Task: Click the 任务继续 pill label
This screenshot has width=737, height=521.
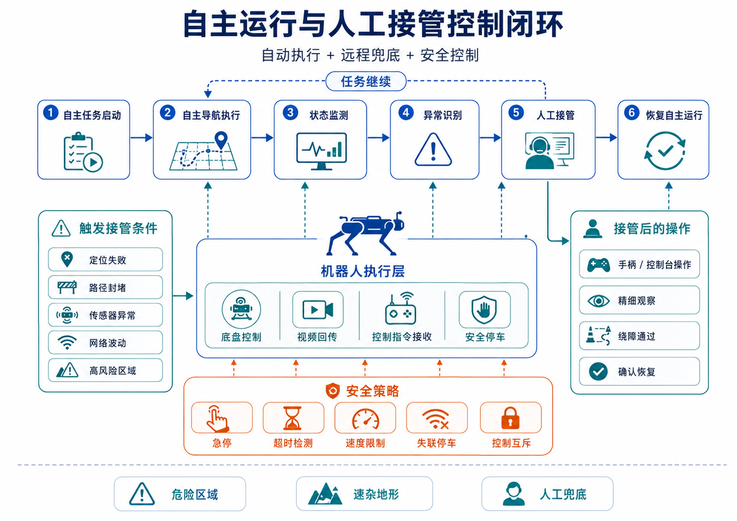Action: pyautogui.click(x=366, y=81)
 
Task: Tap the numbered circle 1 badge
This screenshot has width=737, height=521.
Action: pyautogui.click(x=51, y=113)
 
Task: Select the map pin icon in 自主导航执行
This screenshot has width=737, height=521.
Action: pyautogui.click(x=221, y=140)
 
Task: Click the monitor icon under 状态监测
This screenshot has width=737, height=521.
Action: pyautogui.click(x=321, y=151)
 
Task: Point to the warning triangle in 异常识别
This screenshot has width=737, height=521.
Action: pyautogui.click(x=433, y=150)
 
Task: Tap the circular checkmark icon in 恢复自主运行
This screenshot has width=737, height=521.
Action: pyautogui.click(x=665, y=151)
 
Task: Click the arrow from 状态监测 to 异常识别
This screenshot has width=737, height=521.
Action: pyautogui.click(x=378, y=137)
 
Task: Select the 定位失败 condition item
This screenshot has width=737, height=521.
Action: pyautogui.click(x=105, y=259)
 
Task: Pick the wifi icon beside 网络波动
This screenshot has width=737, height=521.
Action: pyautogui.click(x=67, y=343)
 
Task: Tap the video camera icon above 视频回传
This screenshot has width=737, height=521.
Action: pyautogui.click(x=318, y=310)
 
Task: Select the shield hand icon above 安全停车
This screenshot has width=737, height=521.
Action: pyautogui.click(x=484, y=310)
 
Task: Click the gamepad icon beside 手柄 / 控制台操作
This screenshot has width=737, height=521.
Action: pyautogui.click(x=599, y=265)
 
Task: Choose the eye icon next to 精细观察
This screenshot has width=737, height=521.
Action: pyautogui.click(x=599, y=301)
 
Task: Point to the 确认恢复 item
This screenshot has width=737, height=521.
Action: pyautogui.click(x=639, y=371)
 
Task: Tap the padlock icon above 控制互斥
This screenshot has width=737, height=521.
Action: pyautogui.click(x=510, y=418)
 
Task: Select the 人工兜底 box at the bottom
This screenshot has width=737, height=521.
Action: pyautogui.click(x=547, y=494)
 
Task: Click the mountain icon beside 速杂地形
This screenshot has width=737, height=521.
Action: pyautogui.click(x=325, y=494)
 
